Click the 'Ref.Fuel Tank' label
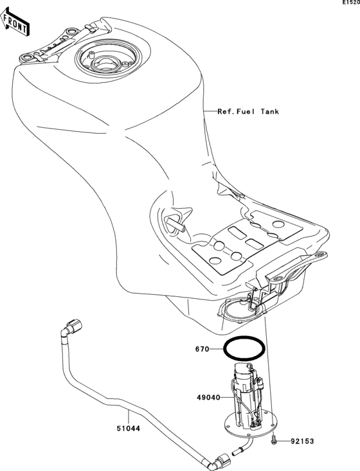248,111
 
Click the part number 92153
303,441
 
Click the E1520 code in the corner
349,4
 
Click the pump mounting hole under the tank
242,312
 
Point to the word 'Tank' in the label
269,111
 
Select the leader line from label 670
217,351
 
